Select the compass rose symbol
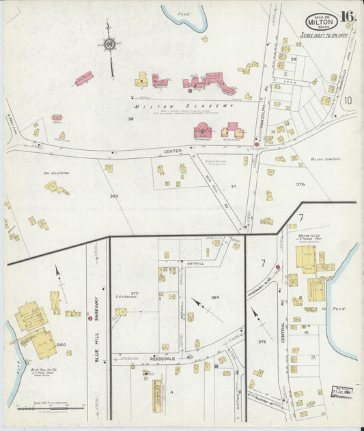pos(109,46)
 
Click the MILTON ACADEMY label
pos(184,106)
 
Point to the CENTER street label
pos(172,151)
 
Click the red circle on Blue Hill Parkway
pos(90,318)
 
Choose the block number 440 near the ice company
pos(61,345)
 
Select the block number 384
pos(215,297)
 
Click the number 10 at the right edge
pos(347,101)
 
